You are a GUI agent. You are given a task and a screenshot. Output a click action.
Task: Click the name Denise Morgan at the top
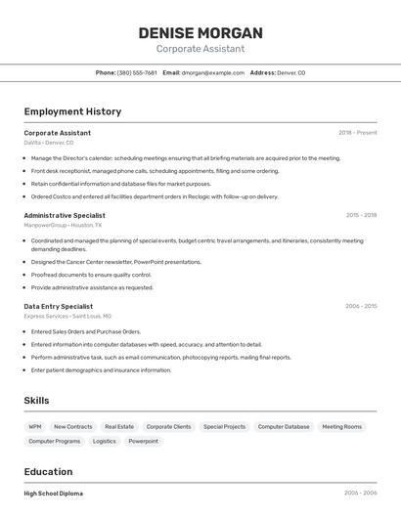200,32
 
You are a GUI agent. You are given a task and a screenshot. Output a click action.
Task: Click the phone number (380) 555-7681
137,72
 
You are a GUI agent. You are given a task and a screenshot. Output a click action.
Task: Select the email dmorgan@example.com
212,72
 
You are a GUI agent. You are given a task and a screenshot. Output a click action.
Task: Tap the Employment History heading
72,111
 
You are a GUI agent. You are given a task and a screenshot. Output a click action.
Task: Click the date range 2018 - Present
357,132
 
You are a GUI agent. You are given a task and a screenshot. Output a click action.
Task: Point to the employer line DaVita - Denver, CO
49,143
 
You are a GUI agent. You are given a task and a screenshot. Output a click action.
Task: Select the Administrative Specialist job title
65,215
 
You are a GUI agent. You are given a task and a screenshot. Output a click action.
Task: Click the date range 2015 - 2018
361,215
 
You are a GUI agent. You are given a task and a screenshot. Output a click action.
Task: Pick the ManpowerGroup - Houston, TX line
63,225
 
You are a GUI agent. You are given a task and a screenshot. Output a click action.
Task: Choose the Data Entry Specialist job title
59,306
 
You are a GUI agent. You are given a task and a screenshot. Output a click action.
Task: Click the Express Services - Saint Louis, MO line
67,317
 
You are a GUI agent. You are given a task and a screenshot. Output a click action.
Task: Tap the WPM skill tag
35,427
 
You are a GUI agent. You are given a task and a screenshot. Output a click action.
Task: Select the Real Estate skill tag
119,427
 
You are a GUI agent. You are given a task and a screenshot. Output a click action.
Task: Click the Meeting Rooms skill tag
341,427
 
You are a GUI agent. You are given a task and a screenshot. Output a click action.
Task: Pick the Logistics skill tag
104,442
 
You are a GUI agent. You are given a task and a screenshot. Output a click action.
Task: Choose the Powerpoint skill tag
143,442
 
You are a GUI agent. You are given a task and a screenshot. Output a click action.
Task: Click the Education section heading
48,471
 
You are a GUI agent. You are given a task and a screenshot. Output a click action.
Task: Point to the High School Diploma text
53,494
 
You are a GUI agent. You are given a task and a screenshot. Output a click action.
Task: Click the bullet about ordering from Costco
155,196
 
